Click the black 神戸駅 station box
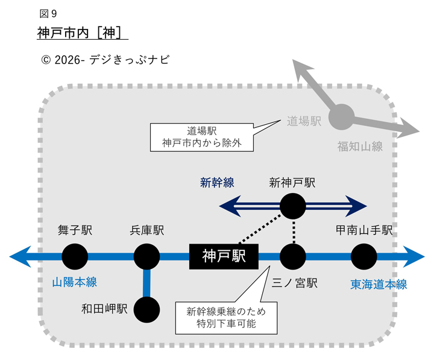224,256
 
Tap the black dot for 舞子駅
75,256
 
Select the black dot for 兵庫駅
146,256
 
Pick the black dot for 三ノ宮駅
293,256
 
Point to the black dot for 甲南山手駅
363,256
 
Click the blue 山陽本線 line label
74,282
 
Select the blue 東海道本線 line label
379,285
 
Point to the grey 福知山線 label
360,145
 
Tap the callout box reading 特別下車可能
225,317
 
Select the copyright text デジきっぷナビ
103,60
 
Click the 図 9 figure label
48,13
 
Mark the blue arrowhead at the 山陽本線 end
19,256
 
